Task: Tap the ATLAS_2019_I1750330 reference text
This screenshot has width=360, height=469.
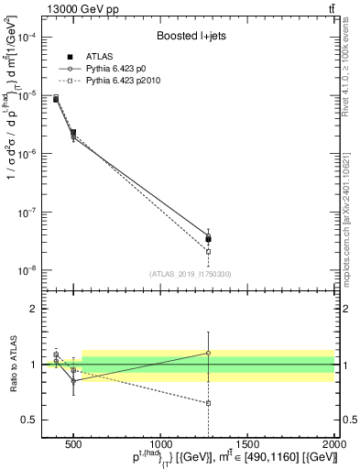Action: pyautogui.click(x=191, y=274)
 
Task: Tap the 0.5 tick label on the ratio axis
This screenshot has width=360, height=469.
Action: pyautogui.click(x=29, y=420)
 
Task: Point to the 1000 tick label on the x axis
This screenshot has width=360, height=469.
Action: pyautogui.click(x=160, y=446)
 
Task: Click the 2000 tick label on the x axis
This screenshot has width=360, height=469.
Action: pyautogui.click(x=333, y=446)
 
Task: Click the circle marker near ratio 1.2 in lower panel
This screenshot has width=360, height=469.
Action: pyautogui.click(x=208, y=353)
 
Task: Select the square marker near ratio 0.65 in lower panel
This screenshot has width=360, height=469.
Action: pyautogui.click(x=208, y=403)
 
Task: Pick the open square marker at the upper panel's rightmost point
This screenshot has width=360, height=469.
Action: pyautogui.click(x=208, y=251)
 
